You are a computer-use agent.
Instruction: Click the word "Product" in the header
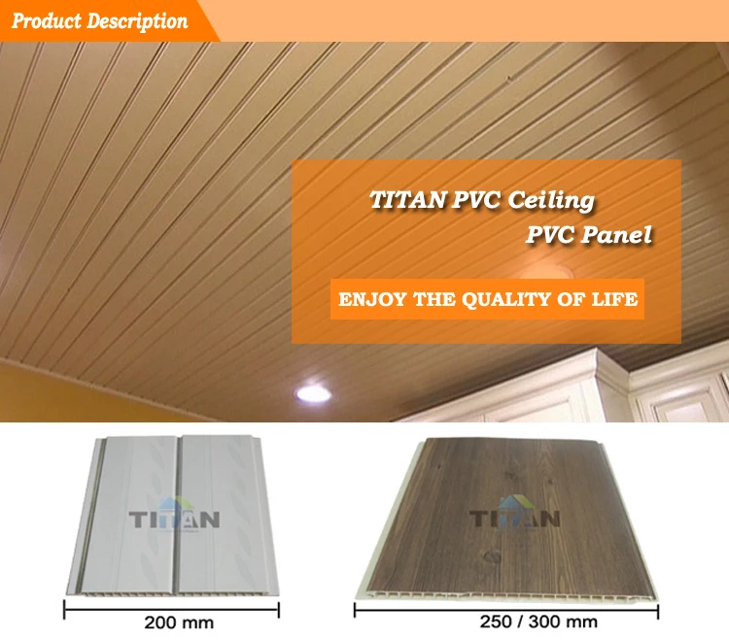[x=45, y=20]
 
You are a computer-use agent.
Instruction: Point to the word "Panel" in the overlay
[x=618, y=234]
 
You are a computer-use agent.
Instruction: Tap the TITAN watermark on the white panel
[x=174, y=515]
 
